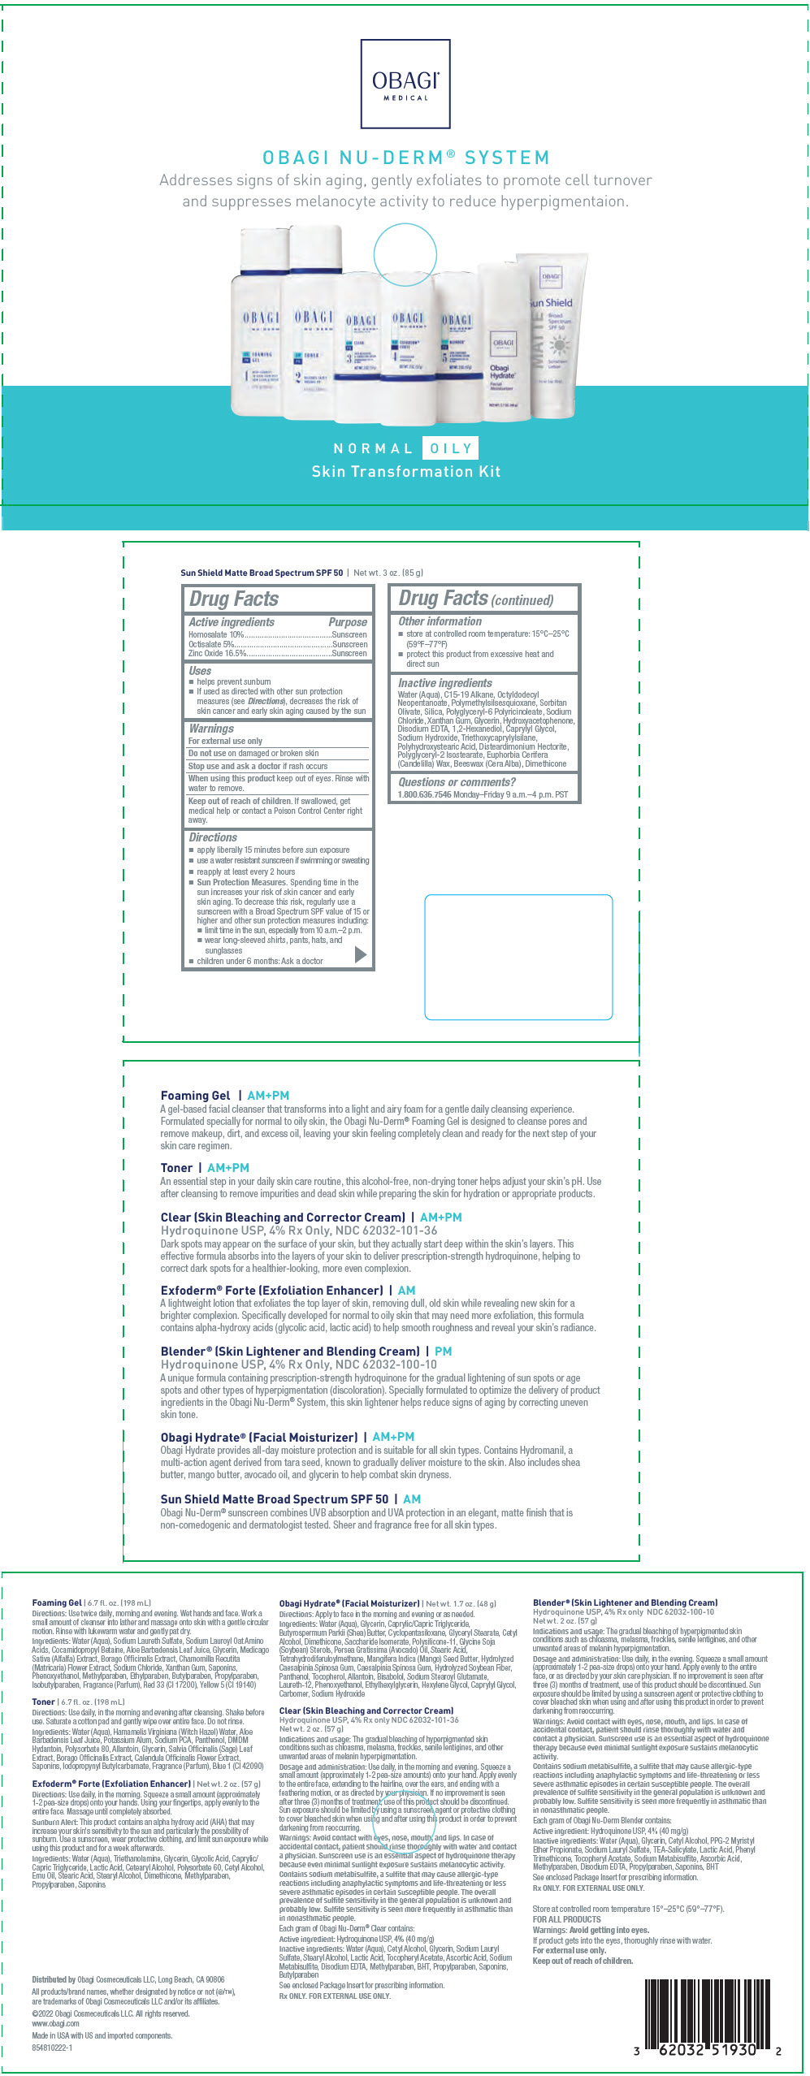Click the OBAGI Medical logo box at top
tap(405, 84)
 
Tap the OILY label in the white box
tap(451, 448)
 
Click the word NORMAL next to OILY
tap(373, 448)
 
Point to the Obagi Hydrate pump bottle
tap(503, 341)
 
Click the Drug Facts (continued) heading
tap(476, 599)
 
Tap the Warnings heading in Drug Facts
tap(211, 729)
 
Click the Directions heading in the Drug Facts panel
tap(213, 837)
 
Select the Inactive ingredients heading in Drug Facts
tap(444, 683)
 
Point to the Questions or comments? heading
tap(457, 782)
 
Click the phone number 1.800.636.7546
tap(424, 794)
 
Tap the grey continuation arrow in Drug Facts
tap(361, 955)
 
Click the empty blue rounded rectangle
tap(518, 957)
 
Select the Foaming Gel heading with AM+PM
tap(225, 1096)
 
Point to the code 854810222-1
tap(52, 2048)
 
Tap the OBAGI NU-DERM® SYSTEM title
tap(405, 158)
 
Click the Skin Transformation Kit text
tap(405, 471)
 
